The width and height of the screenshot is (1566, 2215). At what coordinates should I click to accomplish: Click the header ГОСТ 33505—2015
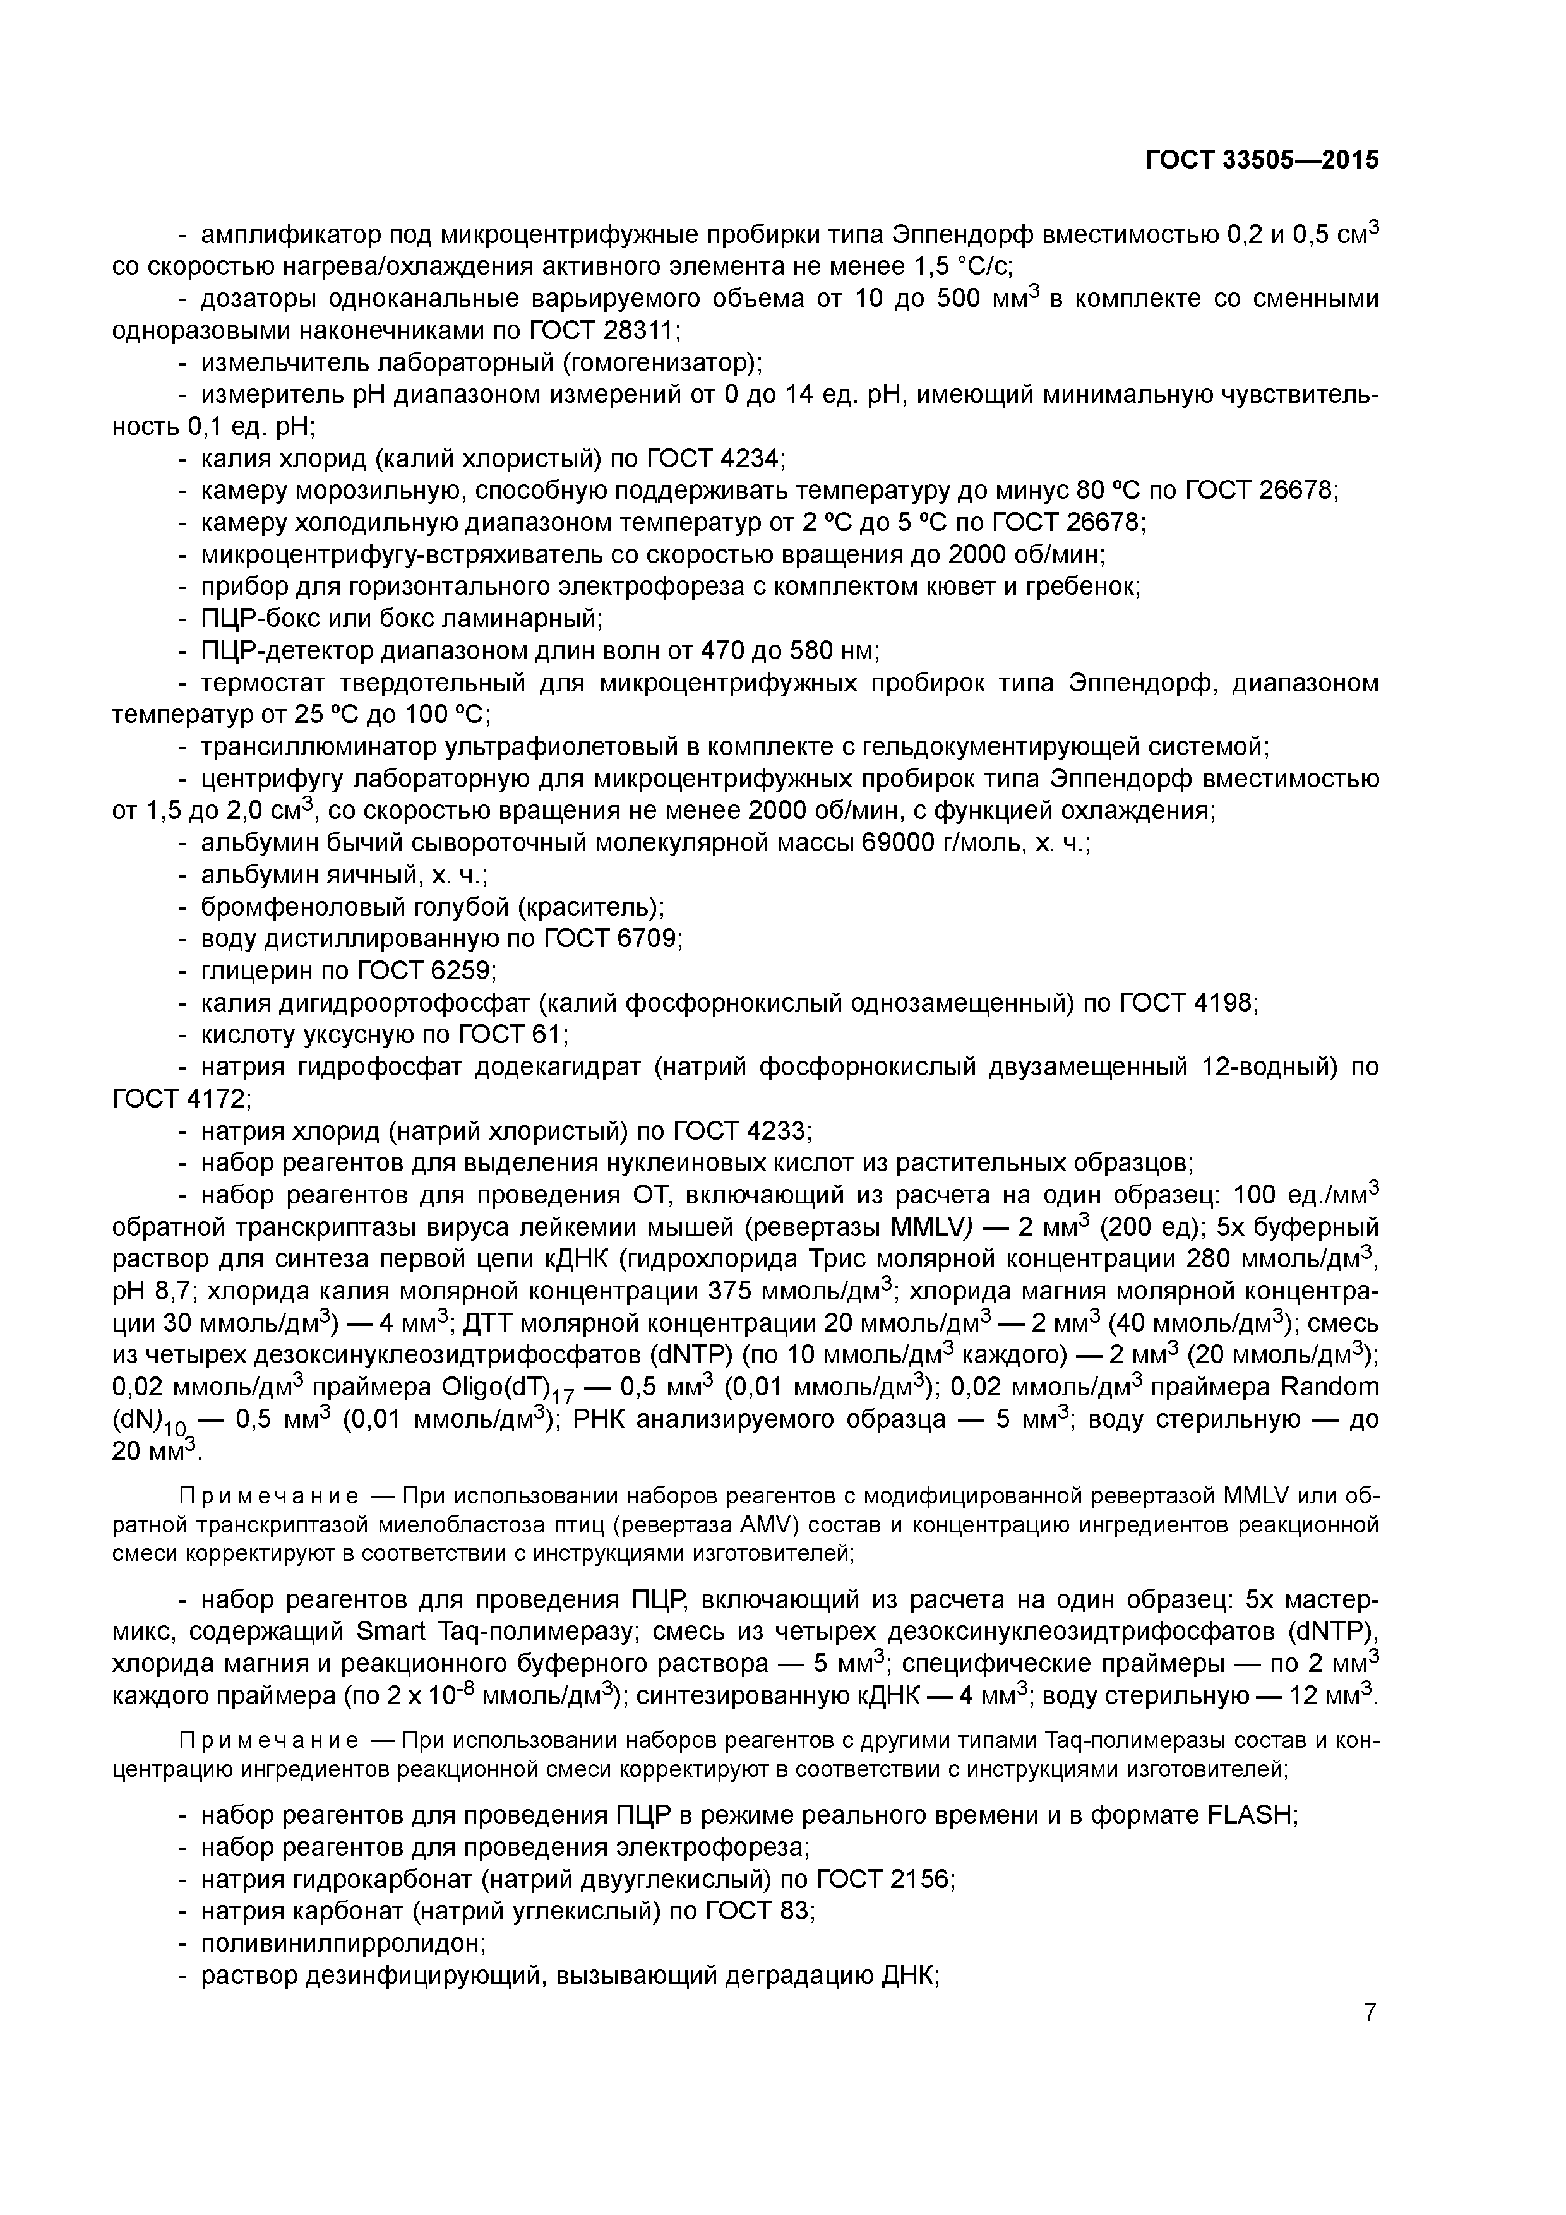[x=1262, y=160]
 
